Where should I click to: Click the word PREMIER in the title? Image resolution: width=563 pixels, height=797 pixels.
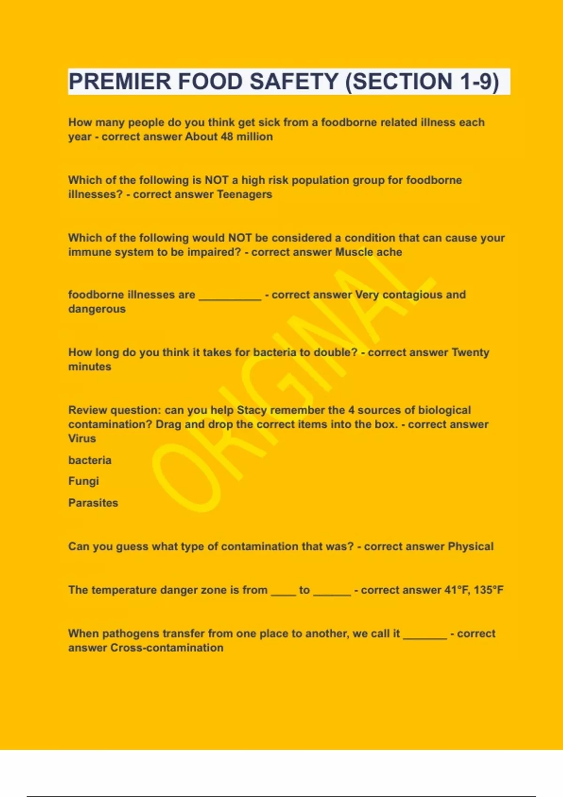(x=120, y=82)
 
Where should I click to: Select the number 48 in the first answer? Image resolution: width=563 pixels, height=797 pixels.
(x=227, y=137)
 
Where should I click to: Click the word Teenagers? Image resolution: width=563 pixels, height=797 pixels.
(x=244, y=195)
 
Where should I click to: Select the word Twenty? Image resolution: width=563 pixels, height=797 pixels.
(x=470, y=353)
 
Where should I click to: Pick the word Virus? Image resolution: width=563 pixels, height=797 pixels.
(x=82, y=439)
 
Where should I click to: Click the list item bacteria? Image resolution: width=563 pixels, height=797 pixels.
(x=90, y=460)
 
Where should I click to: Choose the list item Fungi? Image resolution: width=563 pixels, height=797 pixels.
(x=84, y=481)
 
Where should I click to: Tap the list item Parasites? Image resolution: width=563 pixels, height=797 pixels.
(x=93, y=503)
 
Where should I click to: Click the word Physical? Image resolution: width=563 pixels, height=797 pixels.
(x=471, y=547)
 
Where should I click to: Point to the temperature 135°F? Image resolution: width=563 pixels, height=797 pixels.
(x=488, y=590)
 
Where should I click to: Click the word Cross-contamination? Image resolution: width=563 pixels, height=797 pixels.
(x=167, y=648)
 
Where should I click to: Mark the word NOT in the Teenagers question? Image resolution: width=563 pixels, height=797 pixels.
(x=216, y=180)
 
